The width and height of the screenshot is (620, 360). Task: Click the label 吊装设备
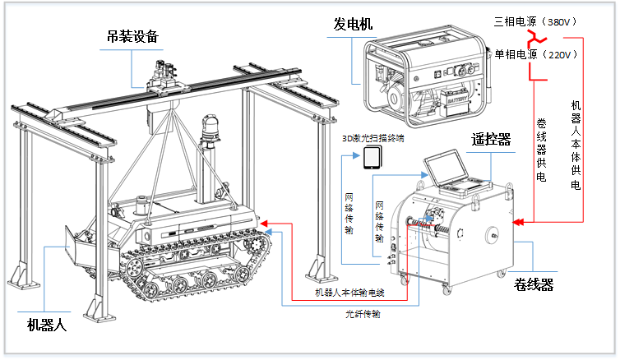[132, 37]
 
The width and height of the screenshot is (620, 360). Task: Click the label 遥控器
[491, 139]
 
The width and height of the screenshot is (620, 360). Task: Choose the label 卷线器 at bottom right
[534, 284]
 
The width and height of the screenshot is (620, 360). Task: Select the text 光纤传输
[364, 314]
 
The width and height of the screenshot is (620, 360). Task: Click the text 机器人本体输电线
[349, 293]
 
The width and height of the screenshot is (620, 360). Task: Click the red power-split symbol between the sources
[535, 38]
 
